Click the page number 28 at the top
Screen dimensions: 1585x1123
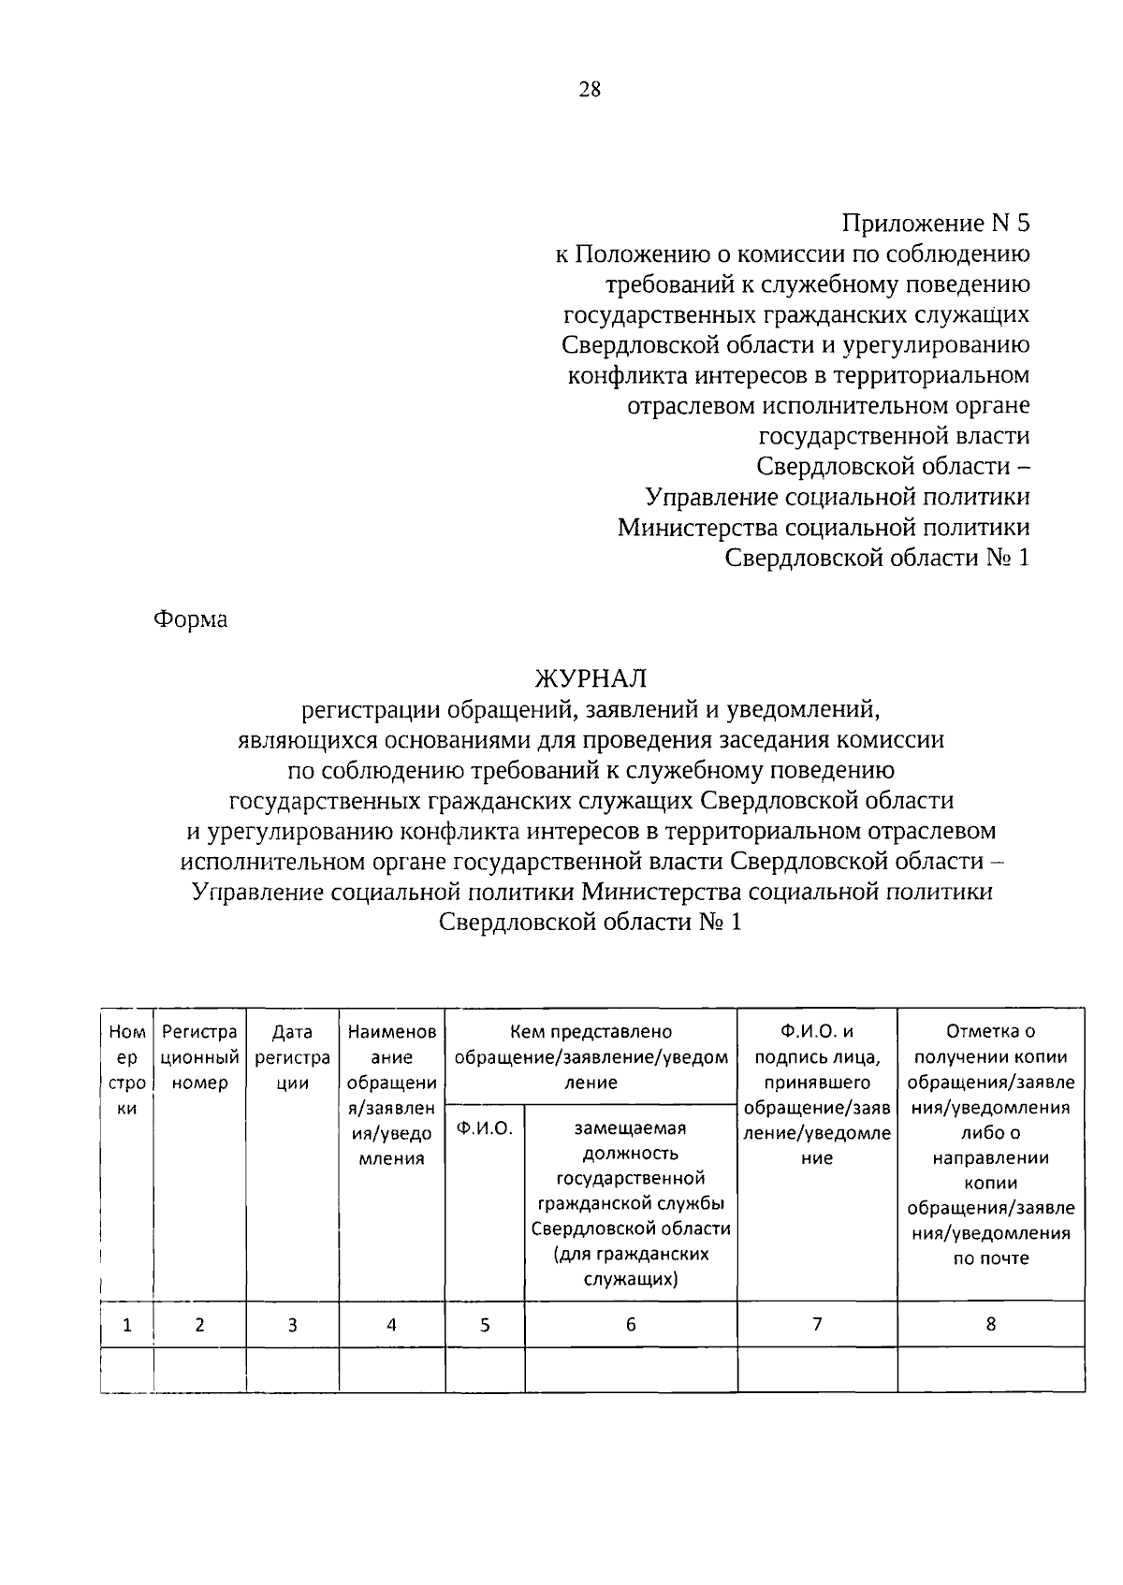(590, 90)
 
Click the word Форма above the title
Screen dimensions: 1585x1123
(191, 619)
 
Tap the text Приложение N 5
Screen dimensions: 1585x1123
(935, 224)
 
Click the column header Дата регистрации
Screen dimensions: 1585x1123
(292, 1057)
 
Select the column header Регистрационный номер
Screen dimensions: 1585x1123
(199, 1057)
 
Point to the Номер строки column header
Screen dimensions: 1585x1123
(127, 1070)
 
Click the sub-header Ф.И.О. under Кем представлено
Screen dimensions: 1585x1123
(484, 1128)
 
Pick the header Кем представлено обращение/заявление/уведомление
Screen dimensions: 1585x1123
(591, 1057)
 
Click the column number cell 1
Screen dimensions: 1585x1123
(127, 1325)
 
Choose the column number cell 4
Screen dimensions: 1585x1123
(391, 1325)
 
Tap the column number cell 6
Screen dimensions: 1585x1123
(630, 1325)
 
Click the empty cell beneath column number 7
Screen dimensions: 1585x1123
(817, 1370)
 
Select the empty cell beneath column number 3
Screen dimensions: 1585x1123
(292, 1370)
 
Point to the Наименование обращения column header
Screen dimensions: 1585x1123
(391, 1095)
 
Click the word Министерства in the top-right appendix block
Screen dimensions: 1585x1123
(697, 528)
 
